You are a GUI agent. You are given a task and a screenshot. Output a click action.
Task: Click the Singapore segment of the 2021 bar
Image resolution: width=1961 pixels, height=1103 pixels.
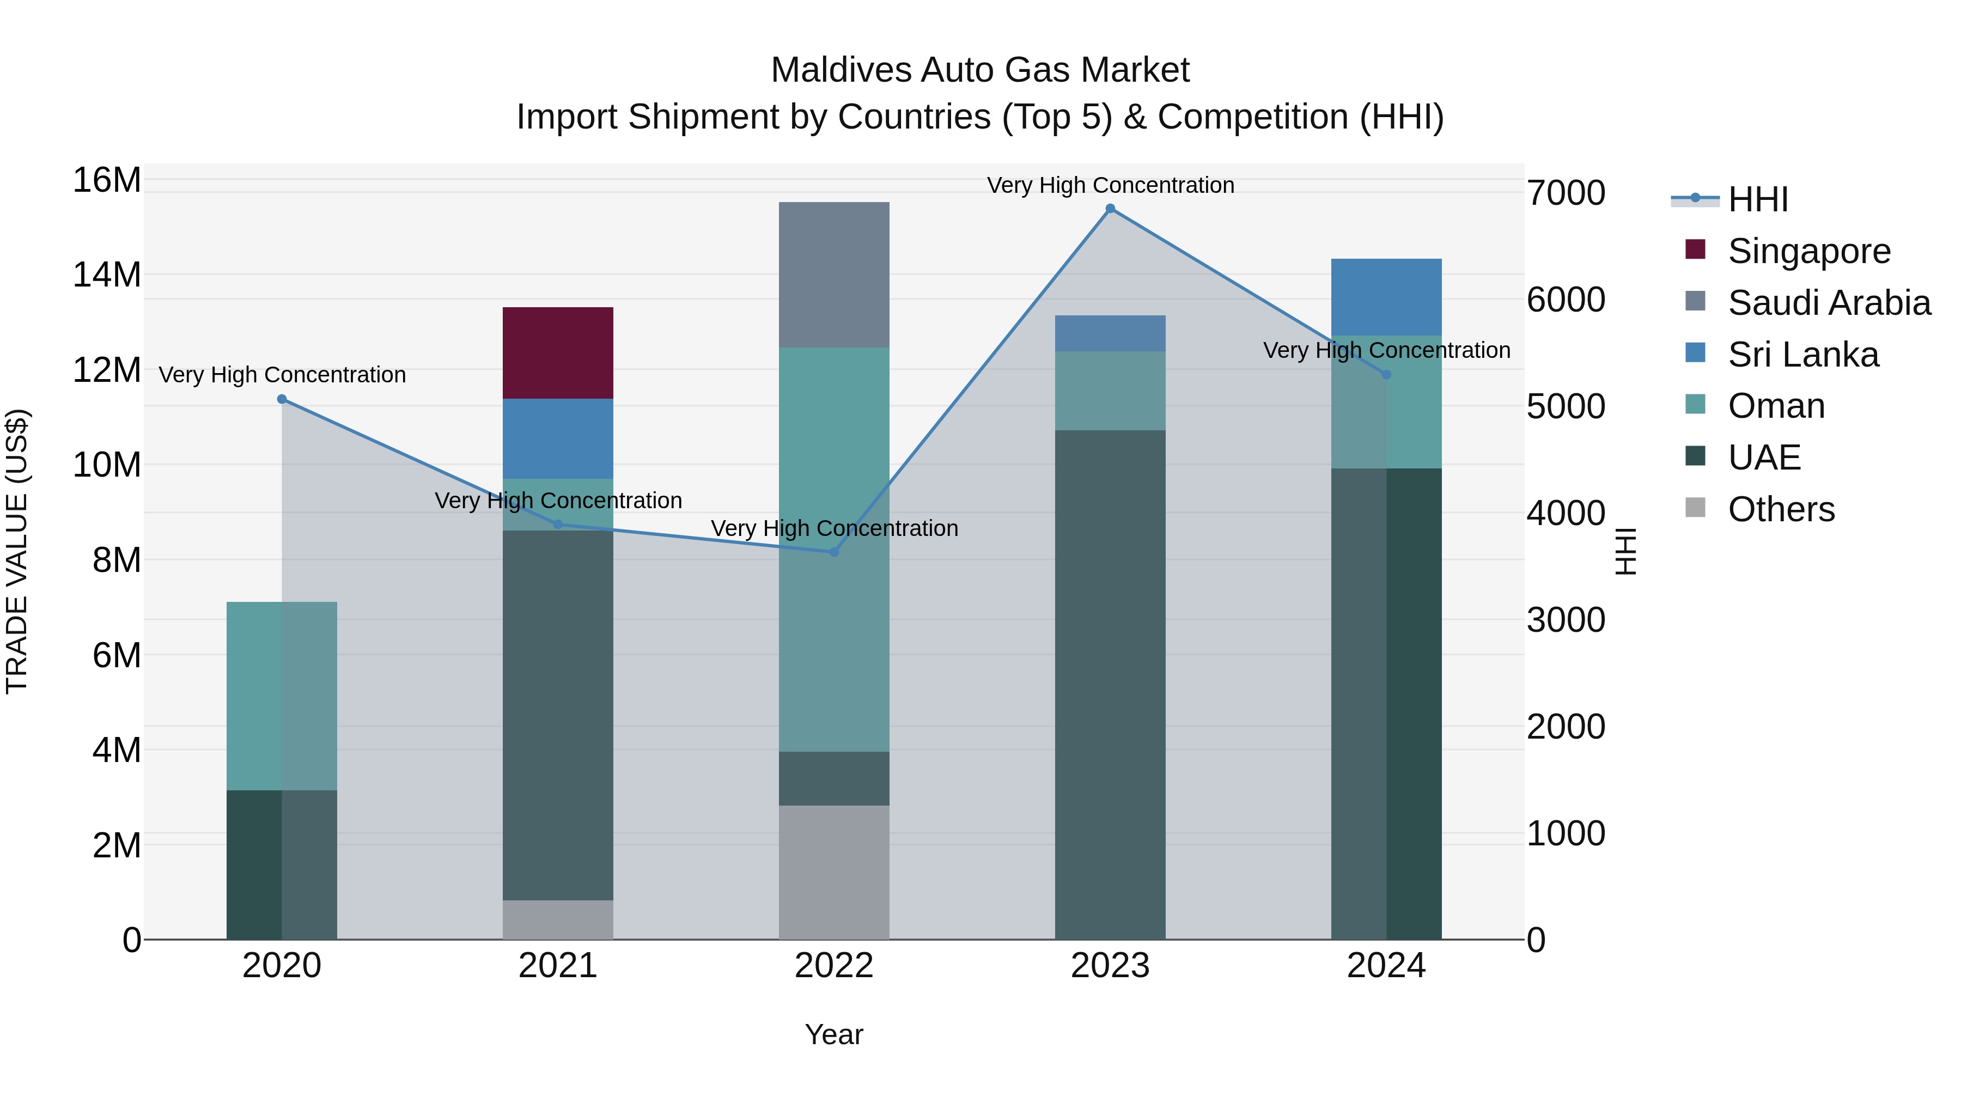pyautogui.click(x=557, y=352)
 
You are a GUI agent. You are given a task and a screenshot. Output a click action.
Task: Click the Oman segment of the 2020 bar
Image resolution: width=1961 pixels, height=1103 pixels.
pyautogui.click(x=282, y=695)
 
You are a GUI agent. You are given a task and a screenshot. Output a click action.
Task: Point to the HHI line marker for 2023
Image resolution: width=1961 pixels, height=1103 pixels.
pyautogui.click(x=1110, y=209)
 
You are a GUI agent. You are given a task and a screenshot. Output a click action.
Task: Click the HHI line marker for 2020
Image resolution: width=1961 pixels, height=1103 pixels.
pyautogui.click(x=282, y=399)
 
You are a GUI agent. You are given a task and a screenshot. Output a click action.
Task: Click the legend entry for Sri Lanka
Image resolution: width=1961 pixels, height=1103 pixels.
pyautogui.click(x=1802, y=355)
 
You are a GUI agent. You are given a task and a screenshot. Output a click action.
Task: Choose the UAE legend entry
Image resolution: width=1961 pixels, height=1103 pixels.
pyautogui.click(x=1764, y=458)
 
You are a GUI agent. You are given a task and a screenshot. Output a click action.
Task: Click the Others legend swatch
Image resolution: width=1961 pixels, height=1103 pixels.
pyautogui.click(x=1695, y=508)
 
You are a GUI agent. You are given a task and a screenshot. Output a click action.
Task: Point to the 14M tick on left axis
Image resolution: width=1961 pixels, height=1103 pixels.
pyautogui.click(x=107, y=275)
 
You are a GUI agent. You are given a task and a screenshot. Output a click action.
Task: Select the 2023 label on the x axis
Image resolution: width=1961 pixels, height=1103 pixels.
pyautogui.click(x=1110, y=966)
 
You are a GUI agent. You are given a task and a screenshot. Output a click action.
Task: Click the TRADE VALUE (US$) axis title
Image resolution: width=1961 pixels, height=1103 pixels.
pyautogui.click(x=17, y=551)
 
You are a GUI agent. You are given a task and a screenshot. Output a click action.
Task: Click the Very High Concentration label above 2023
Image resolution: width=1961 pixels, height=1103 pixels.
pyautogui.click(x=1110, y=185)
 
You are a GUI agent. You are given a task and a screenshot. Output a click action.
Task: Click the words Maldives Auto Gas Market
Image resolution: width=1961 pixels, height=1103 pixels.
pyautogui.click(x=980, y=70)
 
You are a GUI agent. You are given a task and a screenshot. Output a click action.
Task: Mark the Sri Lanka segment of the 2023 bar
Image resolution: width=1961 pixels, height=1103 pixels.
pyautogui.click(x=1110, y=333)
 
